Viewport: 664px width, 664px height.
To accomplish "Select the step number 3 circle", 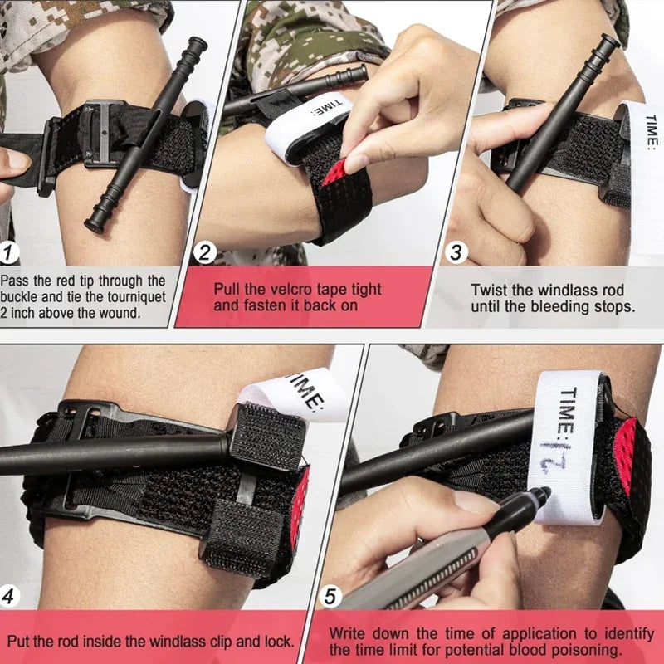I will coord(455,251).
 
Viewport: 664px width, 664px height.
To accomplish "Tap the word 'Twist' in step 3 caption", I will coord(491,290).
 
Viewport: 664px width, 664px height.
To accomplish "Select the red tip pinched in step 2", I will coord(334,173).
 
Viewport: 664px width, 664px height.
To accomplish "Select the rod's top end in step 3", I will coord(610,41).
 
